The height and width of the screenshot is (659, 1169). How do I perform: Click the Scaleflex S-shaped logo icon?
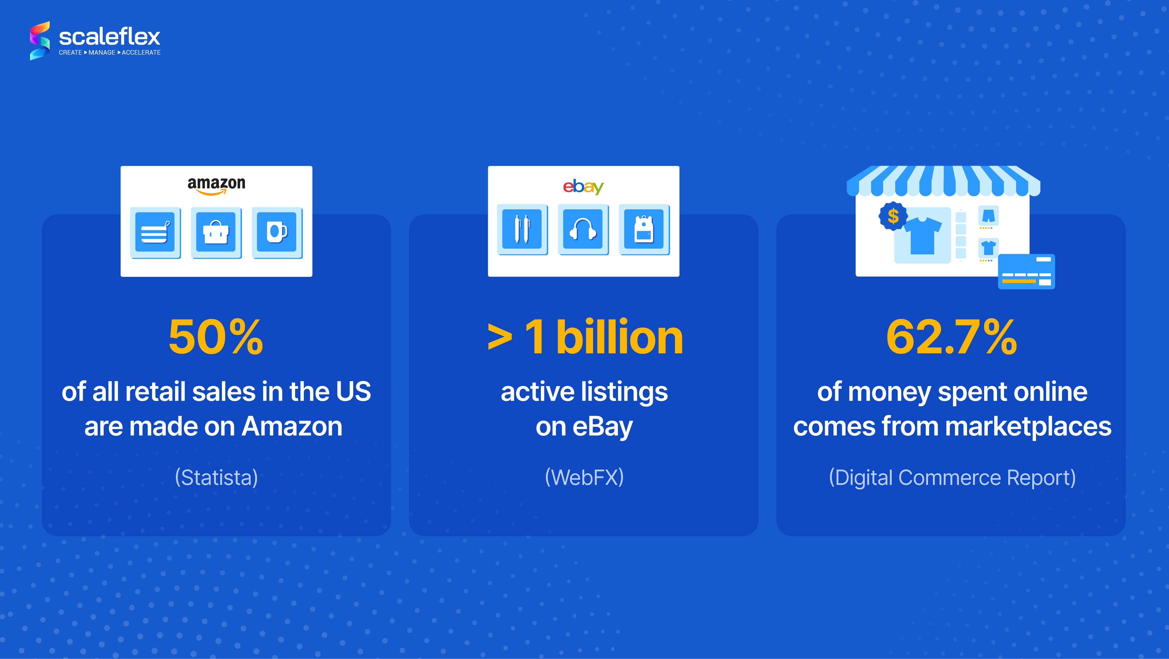point(40,40)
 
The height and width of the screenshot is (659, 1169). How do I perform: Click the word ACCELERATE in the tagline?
point(141,53)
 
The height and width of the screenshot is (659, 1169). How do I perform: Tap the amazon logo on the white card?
point(217,185)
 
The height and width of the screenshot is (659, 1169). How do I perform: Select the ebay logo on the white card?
point(583,186)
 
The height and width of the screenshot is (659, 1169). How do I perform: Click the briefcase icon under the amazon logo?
point(216,232)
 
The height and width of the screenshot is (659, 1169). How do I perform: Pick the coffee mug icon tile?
point(277,232)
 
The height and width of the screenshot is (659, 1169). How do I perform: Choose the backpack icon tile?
point(644,229)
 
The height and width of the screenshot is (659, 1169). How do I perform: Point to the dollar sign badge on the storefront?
point(893,216)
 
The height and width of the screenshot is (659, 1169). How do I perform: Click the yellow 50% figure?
point(215,337)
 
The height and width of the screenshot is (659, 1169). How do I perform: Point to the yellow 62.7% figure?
point(952,337)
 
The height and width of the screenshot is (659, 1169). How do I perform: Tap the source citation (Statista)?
point(217,477)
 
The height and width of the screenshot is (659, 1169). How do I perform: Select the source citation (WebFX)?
point(584,477)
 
